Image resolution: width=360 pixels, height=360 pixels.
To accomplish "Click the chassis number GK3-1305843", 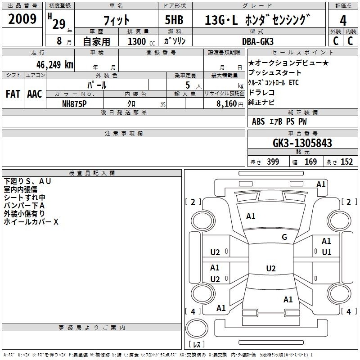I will [x=302, y=143].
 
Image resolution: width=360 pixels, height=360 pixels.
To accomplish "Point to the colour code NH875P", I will [x=75, y=103].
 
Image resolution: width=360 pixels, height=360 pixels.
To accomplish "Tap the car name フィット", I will [x=116, y=20].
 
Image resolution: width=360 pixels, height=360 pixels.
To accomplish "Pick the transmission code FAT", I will [x=13, y=94].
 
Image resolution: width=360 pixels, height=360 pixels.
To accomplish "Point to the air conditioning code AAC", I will [x=34, y=94].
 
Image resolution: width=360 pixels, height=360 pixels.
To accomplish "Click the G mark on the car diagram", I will [x=284, y=237].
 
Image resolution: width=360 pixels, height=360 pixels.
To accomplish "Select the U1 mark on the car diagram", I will [x=326, y=252].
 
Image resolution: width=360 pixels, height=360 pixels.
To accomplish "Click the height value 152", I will [x=346, y=162].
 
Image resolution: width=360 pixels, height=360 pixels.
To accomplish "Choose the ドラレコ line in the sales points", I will [x=261, y=92].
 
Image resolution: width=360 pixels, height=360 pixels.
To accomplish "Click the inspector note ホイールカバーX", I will [x=31, y=222].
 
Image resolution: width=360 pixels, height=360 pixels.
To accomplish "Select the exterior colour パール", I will [x=97, y=84].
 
